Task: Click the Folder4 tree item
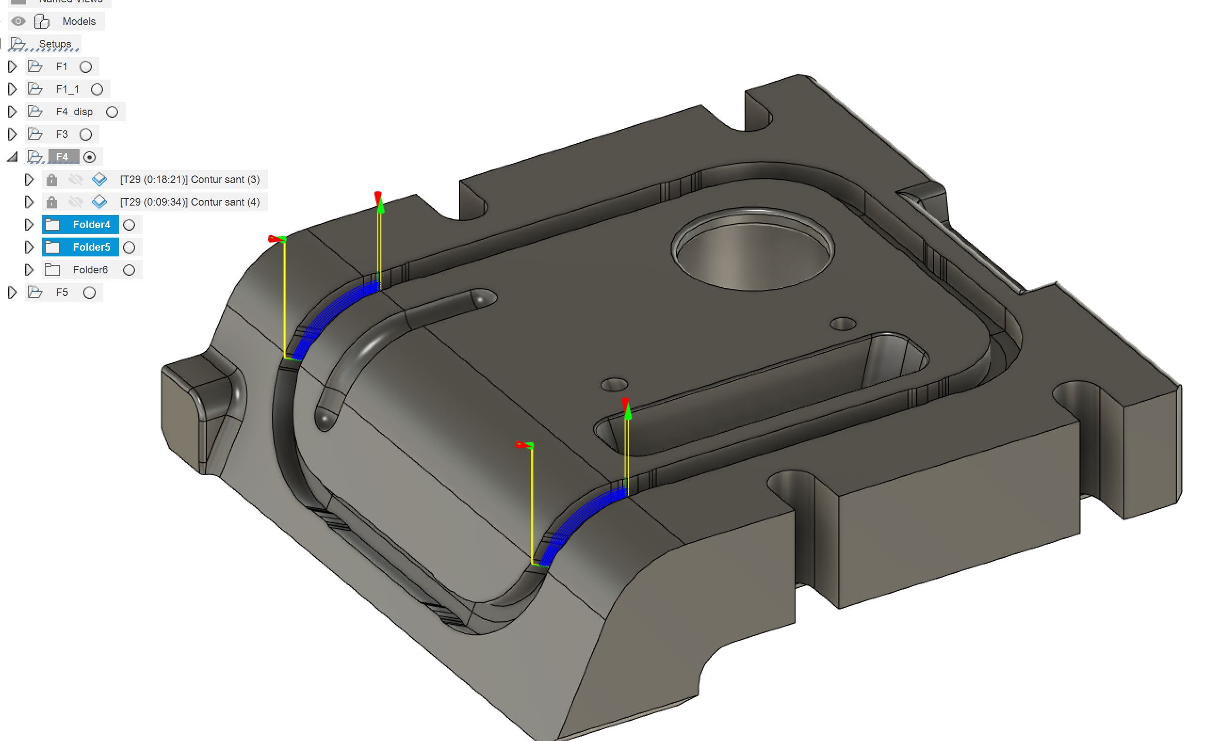(x=91, y=224)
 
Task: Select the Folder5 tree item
(x=91, y=247)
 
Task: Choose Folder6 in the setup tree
(x=89, y=270)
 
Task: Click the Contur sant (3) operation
(x=190, y=180)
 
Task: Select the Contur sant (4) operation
(x=190, y=202)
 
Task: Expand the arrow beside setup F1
(x=12, y=67)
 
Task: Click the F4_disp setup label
(x=74, y=112)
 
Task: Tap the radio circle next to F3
(x=86, y=135)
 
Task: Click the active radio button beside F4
(x=89, y=157)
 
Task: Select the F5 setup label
(x=62, y=292)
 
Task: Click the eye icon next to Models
(x=18, y=21)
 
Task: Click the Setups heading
(x=55, y=44)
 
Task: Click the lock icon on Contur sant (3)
(x=51, y=180)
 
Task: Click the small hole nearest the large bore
(x=843, y=325)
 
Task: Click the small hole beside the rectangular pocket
(x=614, y=384)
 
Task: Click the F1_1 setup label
(x=67, y=89)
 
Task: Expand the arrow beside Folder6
(x=29, y=270)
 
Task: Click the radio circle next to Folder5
(x=129, y=247)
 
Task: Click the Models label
(x=79, y=21)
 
